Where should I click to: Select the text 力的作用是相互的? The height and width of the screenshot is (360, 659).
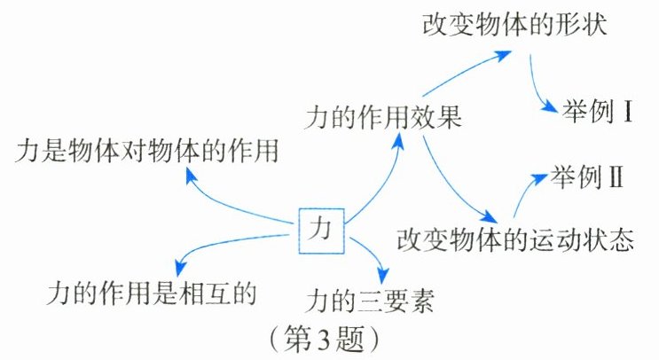click(151, 290)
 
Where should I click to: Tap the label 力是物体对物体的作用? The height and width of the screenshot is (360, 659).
click(147, 153)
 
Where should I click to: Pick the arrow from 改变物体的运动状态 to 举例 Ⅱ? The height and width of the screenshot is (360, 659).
click(528, 191)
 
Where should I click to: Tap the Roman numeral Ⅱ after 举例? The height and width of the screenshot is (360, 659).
click(616, 176)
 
